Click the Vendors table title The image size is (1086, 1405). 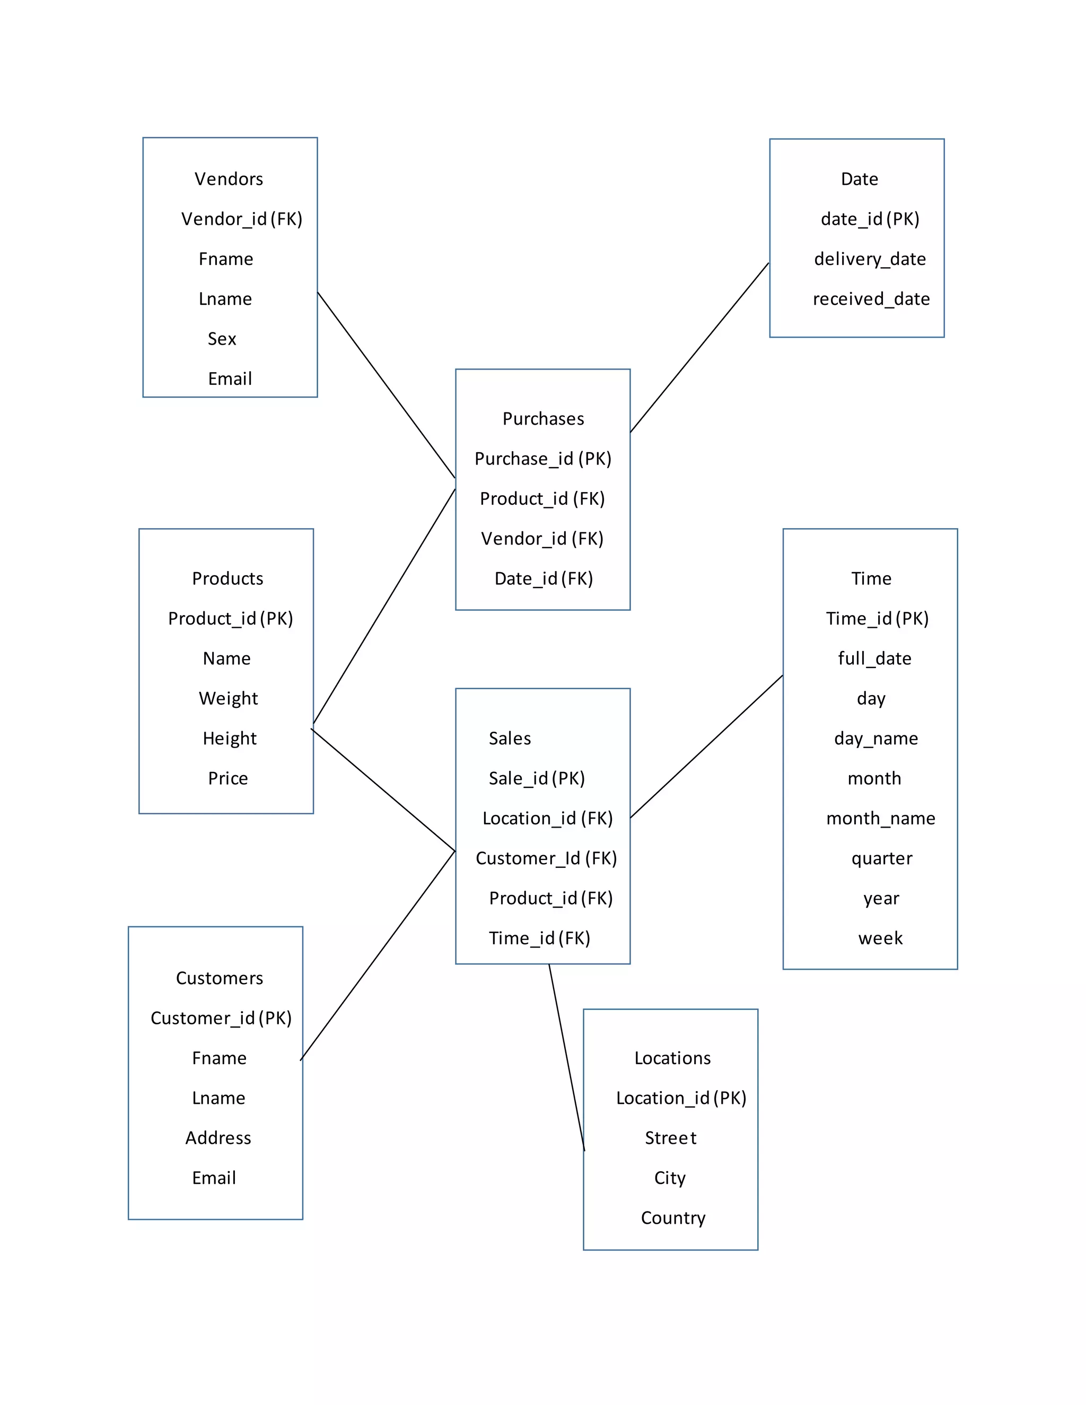(x=229, y=179)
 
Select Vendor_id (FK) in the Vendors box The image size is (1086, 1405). (x=241, y=219)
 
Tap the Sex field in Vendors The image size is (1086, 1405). (x=222, y=339)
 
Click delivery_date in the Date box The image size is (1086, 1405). (x=870, y=259)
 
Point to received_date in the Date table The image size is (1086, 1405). (x=871, y=298)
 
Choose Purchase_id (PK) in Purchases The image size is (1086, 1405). (x=543, y=459)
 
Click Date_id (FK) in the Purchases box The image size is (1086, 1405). (x=544, y=578)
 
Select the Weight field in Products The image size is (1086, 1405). (x=229, y=698)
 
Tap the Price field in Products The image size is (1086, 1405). (x=227, y=778)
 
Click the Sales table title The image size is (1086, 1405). (x=510, y=739)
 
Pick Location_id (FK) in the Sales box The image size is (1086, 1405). (x=547, y=818)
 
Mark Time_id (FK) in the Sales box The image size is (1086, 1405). (x=539, y=938)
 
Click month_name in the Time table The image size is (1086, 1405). (x=881, y=818)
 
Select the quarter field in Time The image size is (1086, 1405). (x=881, y=858)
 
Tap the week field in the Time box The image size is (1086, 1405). (x=880, y=938)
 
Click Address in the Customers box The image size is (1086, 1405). (x=218, y=1138)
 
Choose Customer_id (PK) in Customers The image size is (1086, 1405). (x=221, y=1018)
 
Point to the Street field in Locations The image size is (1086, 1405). (x=670, y=1138)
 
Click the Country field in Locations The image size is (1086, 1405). (x=673, y=1218)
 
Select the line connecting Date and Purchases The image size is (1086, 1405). (x=699, y=347)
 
